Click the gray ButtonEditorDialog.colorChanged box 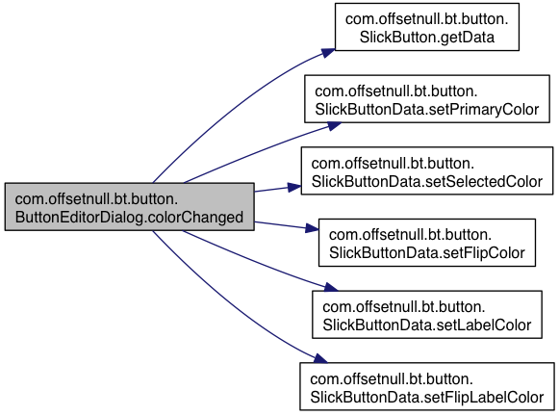(x=130, y=207)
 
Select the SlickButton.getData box (x=427, y=27)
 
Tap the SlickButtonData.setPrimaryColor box (x=427, y=99)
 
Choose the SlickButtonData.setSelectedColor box (x=427, y=170)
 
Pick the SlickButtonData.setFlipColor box (x=427, y=243)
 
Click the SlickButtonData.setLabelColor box (x=427, y=315)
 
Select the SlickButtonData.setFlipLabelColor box (x=427, y=386)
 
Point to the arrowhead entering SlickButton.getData (x=328, y=53)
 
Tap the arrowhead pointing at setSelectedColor (x=294, y=188)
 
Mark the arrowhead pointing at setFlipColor (x=312, y=228)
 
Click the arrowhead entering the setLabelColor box (x=330, y=287)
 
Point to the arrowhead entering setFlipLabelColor (x=320, y=359)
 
